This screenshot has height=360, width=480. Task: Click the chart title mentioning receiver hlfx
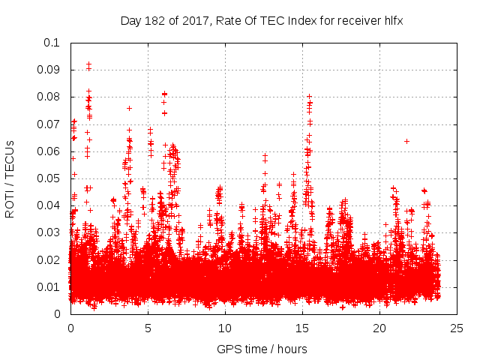262,20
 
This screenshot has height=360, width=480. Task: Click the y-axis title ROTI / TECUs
10,178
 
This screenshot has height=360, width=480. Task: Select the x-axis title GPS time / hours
262,349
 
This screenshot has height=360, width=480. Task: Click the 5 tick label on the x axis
147,328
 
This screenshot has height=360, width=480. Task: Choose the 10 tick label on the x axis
225,328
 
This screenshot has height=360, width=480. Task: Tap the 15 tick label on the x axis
302,328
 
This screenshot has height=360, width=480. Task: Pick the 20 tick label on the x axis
379,328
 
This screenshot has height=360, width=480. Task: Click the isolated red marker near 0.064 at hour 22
406,141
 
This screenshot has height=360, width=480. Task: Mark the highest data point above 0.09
88,64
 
